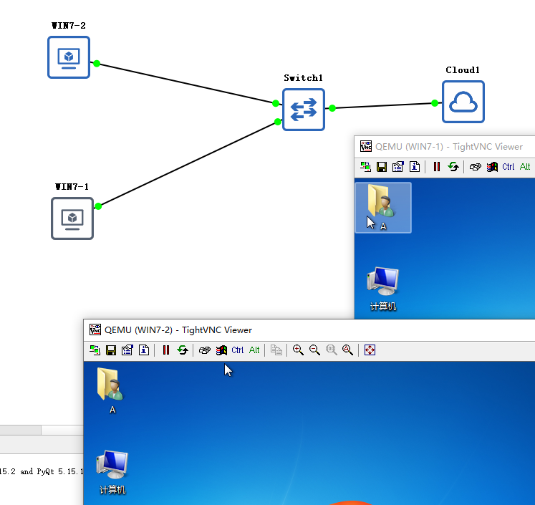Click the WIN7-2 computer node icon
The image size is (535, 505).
[69, 57]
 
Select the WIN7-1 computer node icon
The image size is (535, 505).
[72, 218]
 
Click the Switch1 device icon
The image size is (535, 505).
[304, 110]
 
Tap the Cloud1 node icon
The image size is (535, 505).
[463, 102]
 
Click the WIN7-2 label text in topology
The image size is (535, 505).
[69, 26]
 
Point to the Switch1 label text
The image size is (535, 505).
[304, 78]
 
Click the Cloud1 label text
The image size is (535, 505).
[463, 70]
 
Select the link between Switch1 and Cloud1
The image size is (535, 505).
[383, 106]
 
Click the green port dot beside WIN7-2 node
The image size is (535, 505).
[97, 63]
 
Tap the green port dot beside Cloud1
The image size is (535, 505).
[435, 103]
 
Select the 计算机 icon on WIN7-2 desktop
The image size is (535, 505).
[112, 468]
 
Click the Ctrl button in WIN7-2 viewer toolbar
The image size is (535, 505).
[238, 350]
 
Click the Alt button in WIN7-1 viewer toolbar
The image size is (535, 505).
[525, 167]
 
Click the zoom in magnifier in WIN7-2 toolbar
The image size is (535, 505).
[298, 350]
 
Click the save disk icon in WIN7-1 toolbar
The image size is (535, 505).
[382, 167]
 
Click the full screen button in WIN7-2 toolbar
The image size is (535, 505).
[370, 350]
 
